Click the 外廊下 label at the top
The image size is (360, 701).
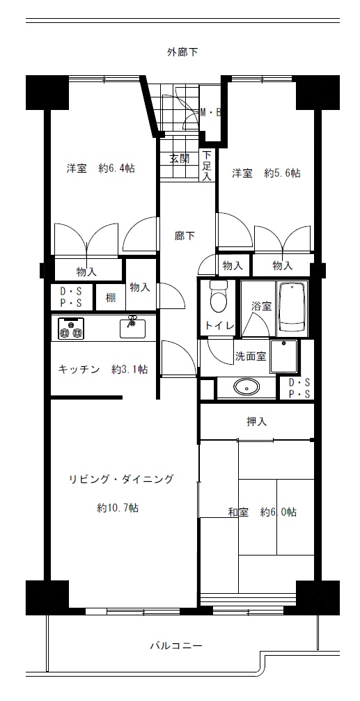tap(182, 52)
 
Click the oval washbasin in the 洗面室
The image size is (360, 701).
tap(247, 387)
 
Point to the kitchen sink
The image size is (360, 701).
tap(133, 328)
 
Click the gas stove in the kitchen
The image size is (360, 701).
tap(70, 328)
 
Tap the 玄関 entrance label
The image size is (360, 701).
tap(180, 159)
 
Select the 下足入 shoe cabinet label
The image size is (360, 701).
tap(207, 166)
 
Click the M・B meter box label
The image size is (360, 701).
tap(210, 113)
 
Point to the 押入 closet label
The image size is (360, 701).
tap(257, 421)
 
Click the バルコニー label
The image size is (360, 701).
tap(175, 645)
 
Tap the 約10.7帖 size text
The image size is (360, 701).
tap(117, 508)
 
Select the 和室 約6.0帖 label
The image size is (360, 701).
tap(262, 512)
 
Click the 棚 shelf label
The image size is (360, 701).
tap(111, 297)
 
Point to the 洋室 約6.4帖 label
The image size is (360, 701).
tap(101, 168)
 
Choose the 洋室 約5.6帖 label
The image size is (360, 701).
tap(265, 173)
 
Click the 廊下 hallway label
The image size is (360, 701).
tap(185, 235)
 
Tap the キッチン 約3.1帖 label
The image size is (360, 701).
tap(103, 369)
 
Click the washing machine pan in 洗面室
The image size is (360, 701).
tap(284, 356)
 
